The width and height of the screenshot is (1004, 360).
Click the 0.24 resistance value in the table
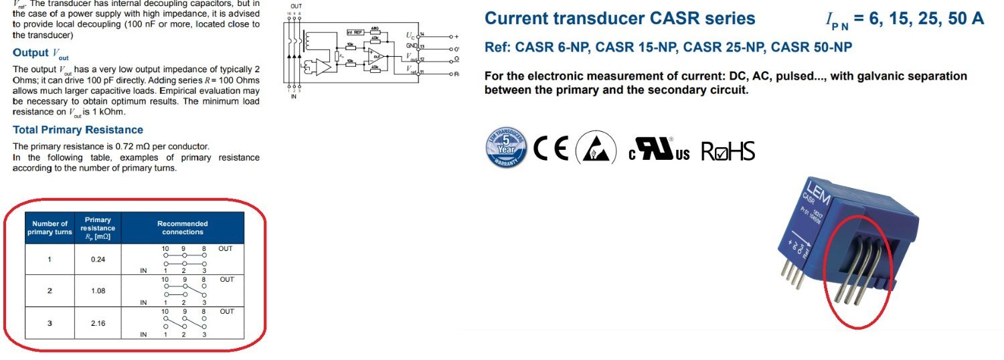[98, 259]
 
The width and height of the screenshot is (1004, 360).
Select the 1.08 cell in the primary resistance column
[98, 291]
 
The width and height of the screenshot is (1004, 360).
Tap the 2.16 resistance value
[98, 323]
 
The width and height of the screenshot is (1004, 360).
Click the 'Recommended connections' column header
[182, 228]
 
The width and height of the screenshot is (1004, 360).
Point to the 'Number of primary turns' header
[49, 228]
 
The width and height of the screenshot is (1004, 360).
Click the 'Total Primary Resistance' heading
[78, 130]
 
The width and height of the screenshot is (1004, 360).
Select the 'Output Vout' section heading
[40, 53]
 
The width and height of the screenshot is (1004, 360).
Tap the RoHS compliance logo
[728, 151]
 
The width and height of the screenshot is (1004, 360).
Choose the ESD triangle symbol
[595, 149]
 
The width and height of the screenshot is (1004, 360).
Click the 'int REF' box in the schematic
[355, 32]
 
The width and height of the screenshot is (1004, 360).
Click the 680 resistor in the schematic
[375, 28]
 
